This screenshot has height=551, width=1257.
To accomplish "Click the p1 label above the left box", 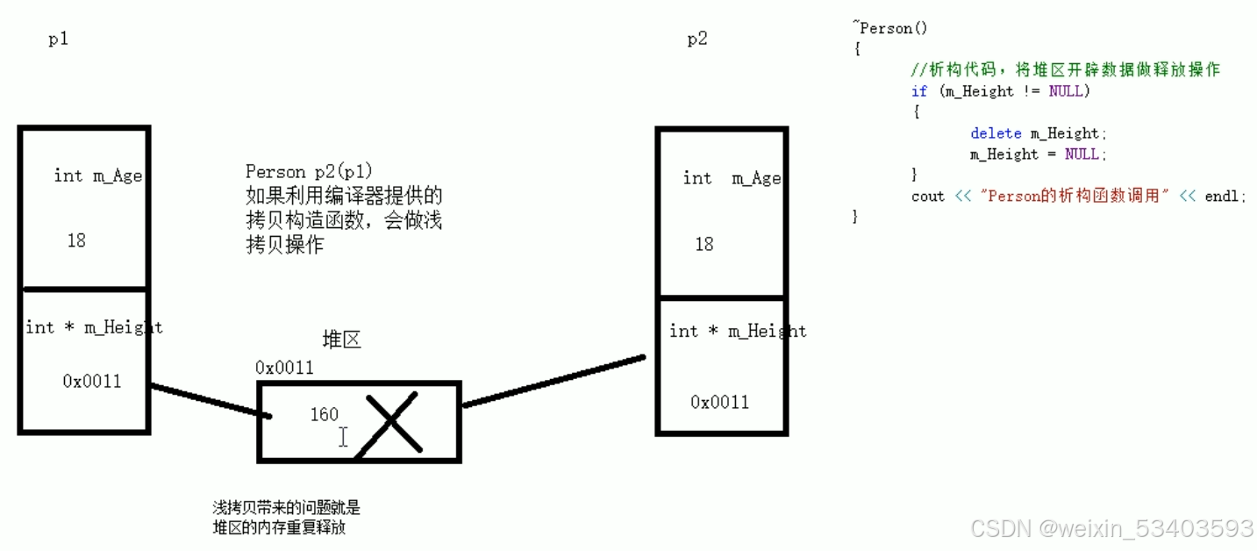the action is [58, 39].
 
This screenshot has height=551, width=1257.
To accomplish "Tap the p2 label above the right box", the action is [696, 39].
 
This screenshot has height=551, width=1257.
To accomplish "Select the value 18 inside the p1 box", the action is [76, 240].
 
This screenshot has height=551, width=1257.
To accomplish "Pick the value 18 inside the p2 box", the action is [704, 244].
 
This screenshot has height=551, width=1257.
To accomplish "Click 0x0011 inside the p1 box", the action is [92, 381].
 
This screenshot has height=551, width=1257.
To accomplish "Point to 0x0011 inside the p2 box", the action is [719, 402].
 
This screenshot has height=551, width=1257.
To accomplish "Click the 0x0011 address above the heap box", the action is [284, 368].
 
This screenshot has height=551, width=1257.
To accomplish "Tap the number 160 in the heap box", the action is [324, 414].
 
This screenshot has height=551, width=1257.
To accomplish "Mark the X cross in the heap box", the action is [393, 423].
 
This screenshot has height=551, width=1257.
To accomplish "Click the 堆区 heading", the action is [341, 340].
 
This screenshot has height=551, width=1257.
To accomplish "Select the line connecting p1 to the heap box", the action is [206, 400].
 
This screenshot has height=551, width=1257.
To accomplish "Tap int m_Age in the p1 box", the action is [97, 175].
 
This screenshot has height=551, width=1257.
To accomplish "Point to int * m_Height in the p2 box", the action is [737, 331].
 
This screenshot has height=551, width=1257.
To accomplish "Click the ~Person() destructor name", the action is [889, 28].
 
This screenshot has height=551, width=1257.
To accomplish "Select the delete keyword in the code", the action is [996, 133].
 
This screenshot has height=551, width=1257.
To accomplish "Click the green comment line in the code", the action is [1065, 69].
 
